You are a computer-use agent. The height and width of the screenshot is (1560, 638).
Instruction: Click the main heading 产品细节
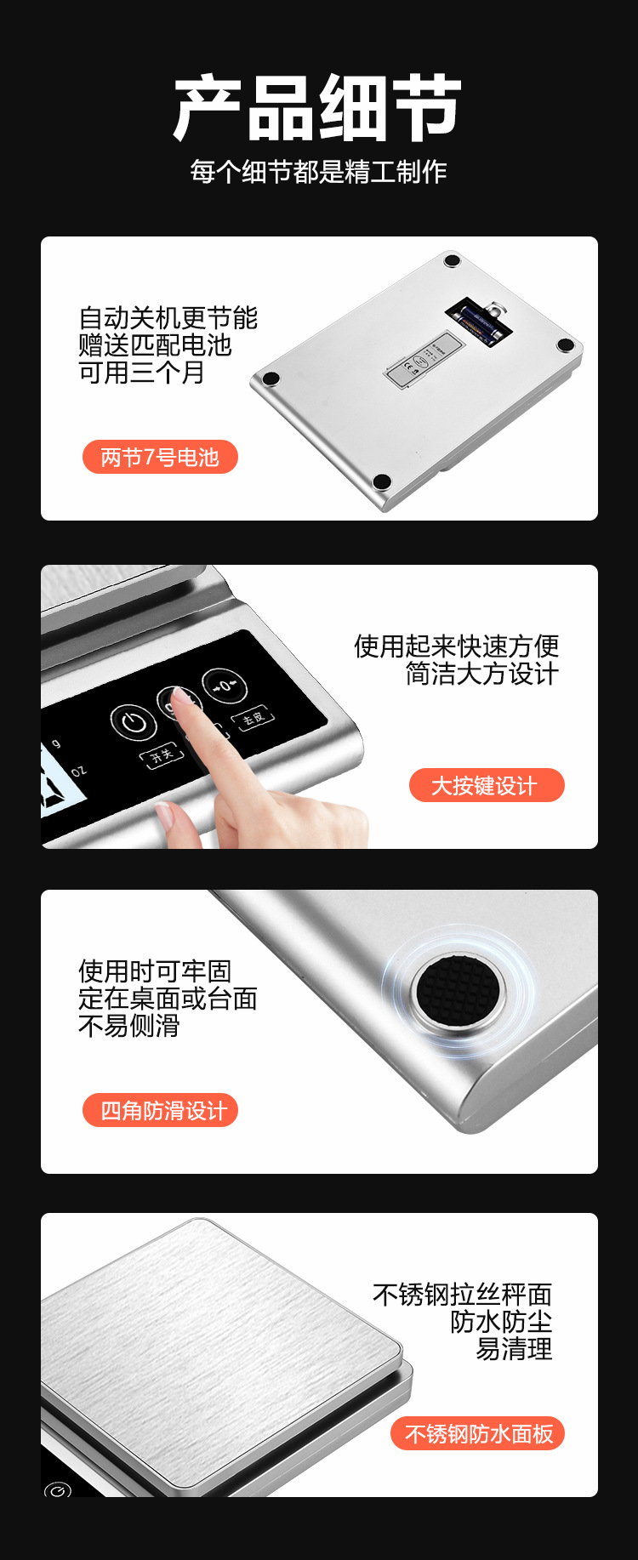(x=318, y=108)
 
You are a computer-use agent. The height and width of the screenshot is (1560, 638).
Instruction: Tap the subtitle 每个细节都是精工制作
(x=318, y=172)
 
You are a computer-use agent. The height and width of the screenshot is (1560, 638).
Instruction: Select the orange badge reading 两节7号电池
(x=160, y=458)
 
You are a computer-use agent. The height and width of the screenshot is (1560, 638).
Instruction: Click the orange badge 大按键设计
(x=486, y=785)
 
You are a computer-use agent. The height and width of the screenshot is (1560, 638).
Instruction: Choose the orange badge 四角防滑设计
(x=160, y=1111)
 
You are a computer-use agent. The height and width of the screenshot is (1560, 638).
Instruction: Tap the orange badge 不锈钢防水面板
(x=478, y=1434)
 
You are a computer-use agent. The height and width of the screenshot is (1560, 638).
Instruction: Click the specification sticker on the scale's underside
(x=423, y=360)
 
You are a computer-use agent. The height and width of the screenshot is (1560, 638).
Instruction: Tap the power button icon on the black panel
(x=134, y=723)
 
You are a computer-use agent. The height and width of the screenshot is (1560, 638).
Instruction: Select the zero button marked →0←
(x=225, y=686)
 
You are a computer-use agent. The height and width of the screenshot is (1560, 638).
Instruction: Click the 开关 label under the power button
(x=161, y=754)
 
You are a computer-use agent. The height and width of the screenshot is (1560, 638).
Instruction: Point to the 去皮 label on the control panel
(x=252, y=718)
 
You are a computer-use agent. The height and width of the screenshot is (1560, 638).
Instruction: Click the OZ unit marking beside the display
(x=78, y=771)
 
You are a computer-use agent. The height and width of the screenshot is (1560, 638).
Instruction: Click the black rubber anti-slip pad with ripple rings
(x=459, y=990)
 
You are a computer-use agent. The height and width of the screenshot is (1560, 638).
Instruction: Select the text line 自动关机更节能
(x=168, y=318)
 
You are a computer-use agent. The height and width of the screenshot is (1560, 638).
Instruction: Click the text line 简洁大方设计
(x=481, y=674)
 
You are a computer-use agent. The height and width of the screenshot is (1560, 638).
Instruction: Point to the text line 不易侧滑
(x=128, y=1026)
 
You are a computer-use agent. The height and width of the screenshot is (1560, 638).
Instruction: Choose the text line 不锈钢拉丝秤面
(x=462, y=1295)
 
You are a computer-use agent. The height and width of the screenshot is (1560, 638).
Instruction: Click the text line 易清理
(x=513, y=1349)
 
